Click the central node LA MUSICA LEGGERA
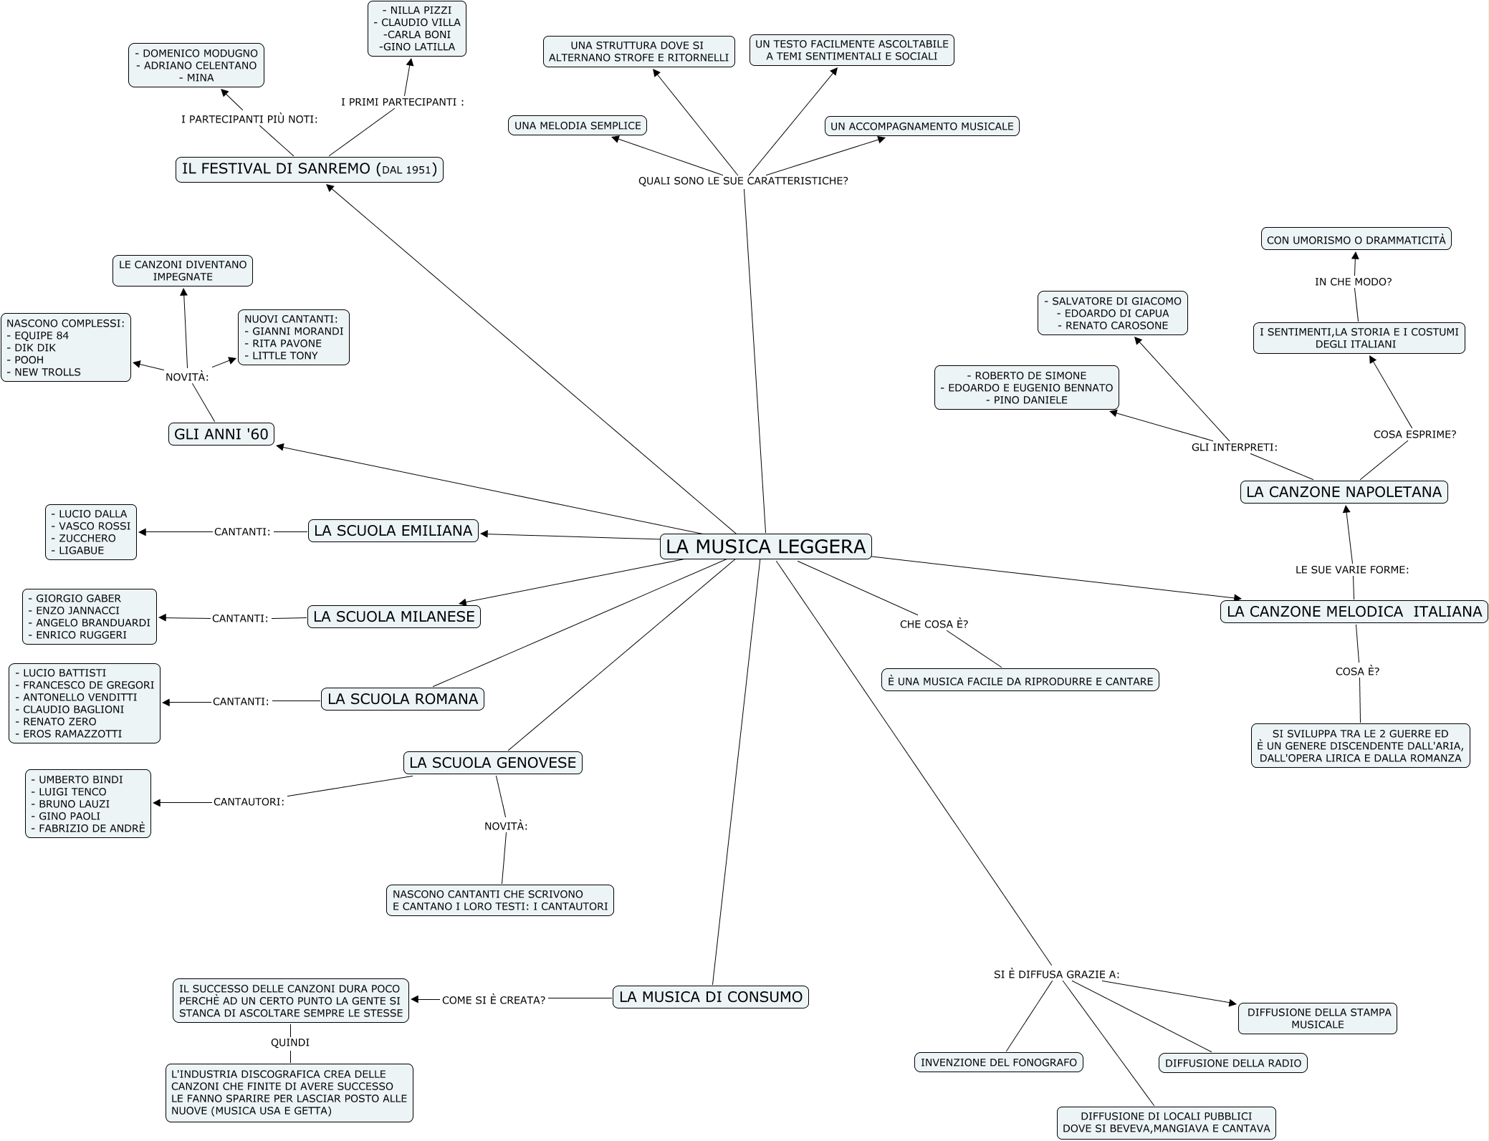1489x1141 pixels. (765, 547)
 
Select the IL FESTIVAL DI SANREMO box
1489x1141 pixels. (310, 170)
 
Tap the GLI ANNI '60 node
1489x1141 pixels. (221, 434)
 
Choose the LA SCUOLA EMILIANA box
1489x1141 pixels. (393, 531)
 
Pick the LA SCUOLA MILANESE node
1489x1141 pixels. (394, 617)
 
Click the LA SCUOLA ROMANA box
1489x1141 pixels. (403, 699)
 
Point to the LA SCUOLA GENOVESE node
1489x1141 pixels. (493, 763)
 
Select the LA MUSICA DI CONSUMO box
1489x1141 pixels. (711, 997)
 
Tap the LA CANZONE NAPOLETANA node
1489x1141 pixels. (1344, 492)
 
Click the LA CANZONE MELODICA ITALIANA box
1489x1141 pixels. (1354, 612)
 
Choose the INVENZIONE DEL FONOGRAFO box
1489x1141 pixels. (999, 1063)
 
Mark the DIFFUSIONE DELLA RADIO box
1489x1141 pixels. (1233, 1064)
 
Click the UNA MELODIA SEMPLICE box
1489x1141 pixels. (578, 125)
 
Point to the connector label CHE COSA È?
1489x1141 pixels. (934, 625)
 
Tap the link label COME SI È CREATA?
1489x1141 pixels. (494, 1000)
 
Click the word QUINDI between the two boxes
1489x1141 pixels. (290, 1043)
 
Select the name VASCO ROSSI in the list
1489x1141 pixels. (95, 526)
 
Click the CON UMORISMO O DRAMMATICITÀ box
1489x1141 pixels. (1356, 240)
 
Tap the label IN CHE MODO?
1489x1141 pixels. (1354, 282)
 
